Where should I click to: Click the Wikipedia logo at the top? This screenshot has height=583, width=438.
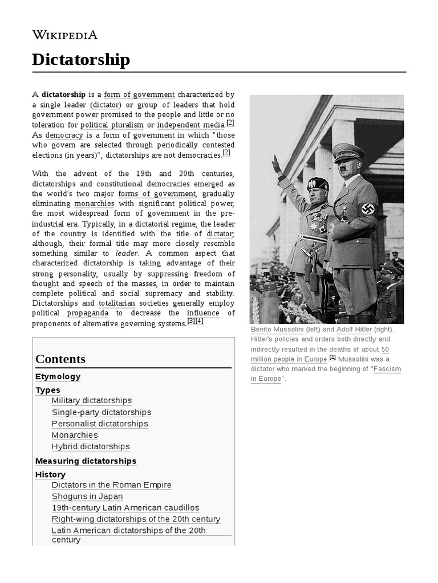coord(65,35)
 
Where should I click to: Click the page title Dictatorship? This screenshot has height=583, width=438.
coord(81,60)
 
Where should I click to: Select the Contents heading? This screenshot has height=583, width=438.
coord(60,359)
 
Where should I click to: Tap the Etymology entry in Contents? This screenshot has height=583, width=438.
coord(58,377)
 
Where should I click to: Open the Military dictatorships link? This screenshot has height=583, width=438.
coord(91,401)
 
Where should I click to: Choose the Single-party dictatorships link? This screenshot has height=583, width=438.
coord(102,412)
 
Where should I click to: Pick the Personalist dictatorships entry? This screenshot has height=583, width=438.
coord(100,424)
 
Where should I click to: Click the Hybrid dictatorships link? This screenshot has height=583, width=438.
coord(91,446)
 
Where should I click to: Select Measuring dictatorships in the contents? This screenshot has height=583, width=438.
coord(86,461)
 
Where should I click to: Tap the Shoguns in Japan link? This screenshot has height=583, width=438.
coord(87,496)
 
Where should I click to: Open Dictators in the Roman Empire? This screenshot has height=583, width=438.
coord(111,485)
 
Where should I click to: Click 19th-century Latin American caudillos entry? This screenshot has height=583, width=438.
coord(125,508)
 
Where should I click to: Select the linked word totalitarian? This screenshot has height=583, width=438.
coord(116,303)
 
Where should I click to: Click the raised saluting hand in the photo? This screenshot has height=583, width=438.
coord(277,165)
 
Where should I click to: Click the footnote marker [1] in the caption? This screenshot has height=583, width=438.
coord(332,358)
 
